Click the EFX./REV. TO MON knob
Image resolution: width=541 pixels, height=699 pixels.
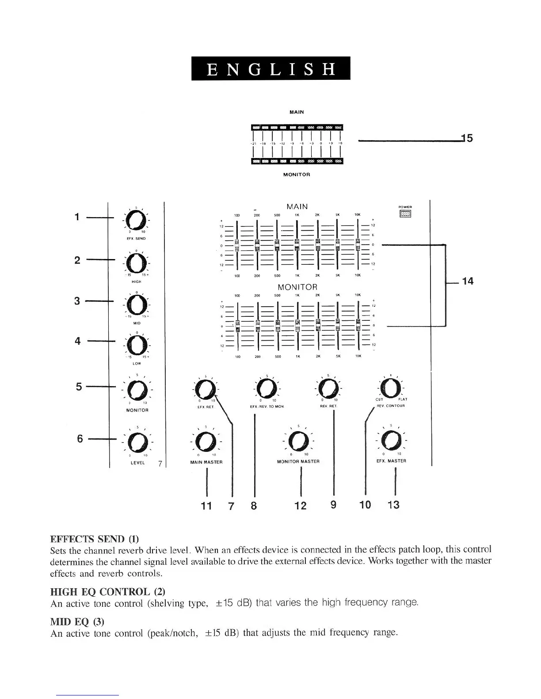267,388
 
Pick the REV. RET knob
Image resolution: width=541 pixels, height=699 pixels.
328,388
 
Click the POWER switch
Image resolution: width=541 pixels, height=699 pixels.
405,214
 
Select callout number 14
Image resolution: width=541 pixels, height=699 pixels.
468,281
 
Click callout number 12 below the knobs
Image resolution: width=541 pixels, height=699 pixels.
301,506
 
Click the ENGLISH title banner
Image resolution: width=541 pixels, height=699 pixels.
270,68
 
